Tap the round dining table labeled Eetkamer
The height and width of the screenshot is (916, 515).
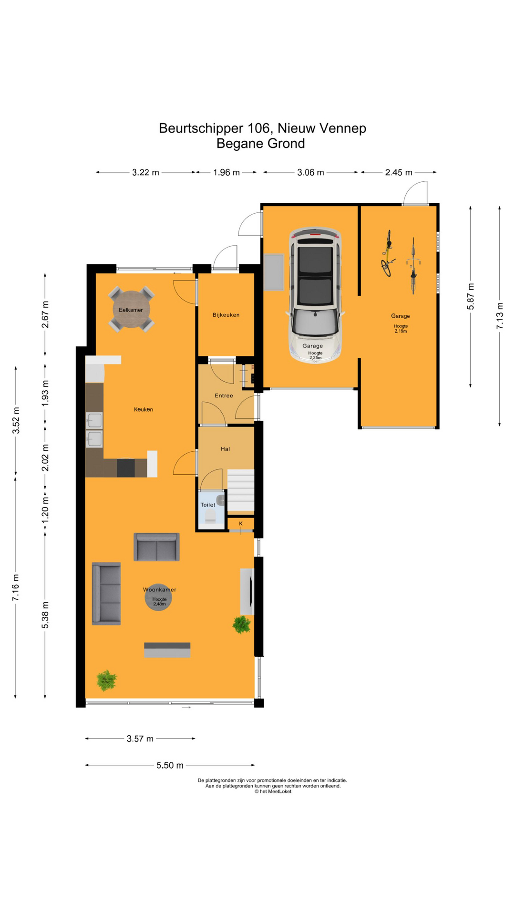click(131, 310)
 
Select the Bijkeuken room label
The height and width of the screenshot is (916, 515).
click(226, 315)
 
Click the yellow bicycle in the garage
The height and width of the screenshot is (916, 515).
click(388, 254)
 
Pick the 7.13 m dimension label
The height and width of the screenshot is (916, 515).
click(499, 316)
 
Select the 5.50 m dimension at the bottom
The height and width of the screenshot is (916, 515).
click(170, 765)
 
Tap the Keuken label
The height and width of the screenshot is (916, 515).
click(143, 409)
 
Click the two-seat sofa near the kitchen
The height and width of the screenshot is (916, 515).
click(156, 547)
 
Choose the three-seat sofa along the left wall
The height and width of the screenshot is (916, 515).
click(106, 593)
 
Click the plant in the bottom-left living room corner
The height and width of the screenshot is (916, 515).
click(106, 680)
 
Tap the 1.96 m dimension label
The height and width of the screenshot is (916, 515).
click(227, 172)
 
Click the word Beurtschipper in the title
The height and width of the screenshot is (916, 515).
click(201, 128)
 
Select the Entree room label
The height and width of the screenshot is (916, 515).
click(224, 396)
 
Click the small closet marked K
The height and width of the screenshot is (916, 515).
click(241, 524)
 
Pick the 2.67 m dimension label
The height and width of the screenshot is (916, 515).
click(45, 315)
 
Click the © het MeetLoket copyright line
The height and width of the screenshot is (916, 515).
click(273, 791)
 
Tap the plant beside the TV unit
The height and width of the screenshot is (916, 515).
click(242, 624)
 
